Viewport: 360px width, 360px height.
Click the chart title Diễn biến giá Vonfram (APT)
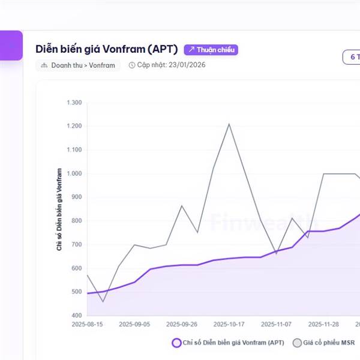(107, 49)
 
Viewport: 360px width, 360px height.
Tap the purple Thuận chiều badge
(211, 49)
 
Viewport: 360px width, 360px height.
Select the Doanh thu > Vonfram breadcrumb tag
(78, 65)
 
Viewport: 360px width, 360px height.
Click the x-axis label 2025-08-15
(87, 324)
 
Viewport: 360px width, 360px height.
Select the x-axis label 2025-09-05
(134, 324)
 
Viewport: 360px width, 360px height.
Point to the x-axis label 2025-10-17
(229, 324)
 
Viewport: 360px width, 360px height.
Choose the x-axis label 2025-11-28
(323, 324)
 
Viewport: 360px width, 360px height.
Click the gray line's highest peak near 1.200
(229, 124)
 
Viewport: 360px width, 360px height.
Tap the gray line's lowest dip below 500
(103, 301)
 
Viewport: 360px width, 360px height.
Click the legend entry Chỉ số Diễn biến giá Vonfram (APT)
(227, 343)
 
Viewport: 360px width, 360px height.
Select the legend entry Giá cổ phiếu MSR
(323, 343)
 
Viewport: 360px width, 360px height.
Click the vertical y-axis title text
(60, 209)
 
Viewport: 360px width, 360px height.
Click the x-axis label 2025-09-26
(182, 324)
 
